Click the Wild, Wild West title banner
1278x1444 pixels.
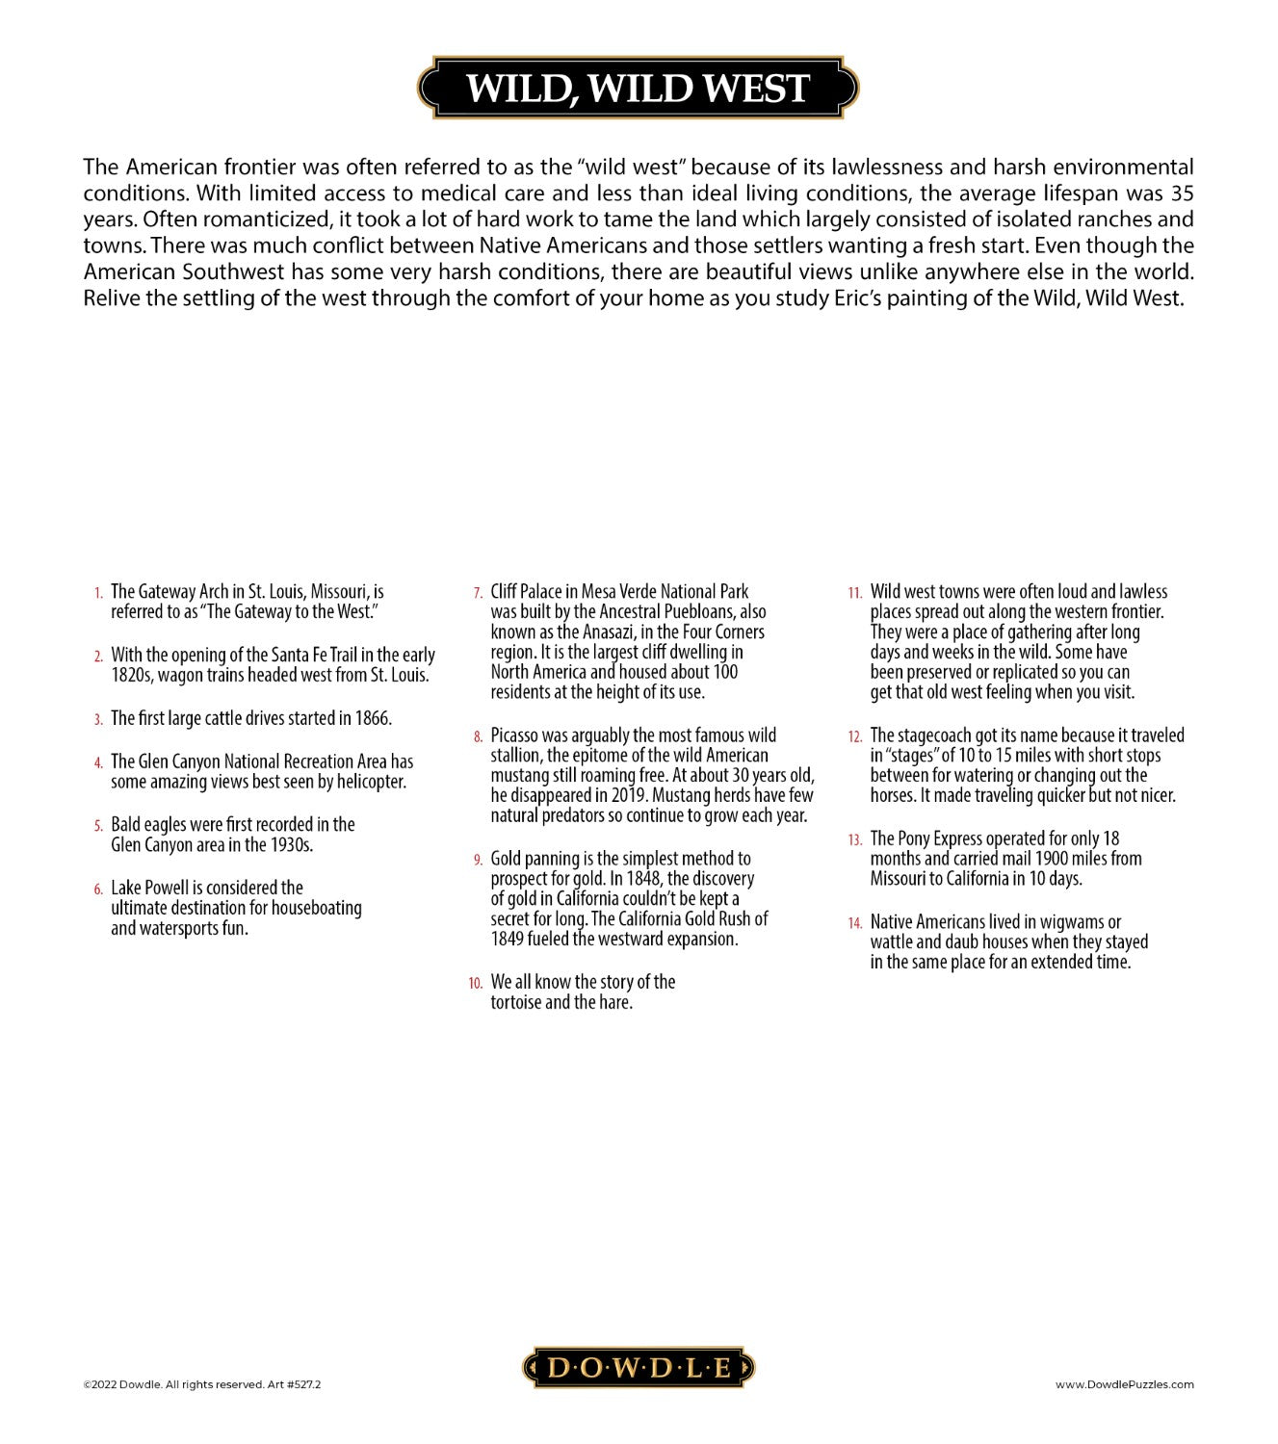(x=637, y=88)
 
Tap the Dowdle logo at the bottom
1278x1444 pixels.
(x=639, y=1367)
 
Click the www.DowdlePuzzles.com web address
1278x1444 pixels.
(x=1124, y=1384)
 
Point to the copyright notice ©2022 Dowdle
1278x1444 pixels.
(x=201, y=1384)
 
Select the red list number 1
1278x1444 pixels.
(x=98, y=593)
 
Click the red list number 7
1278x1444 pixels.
(x=478, y=593)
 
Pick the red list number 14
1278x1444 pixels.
(x=855, y=923)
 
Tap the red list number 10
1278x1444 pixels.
(x=476, y=983)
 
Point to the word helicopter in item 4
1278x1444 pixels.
(x=371, y=782)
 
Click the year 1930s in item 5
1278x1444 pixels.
(x=291, y=844)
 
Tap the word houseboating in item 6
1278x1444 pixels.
(x=316, y=908)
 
